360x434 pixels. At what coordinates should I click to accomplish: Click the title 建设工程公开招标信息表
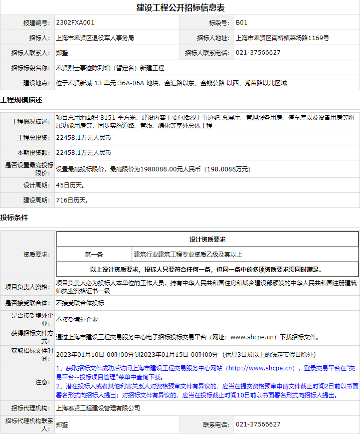(x=180, y=8)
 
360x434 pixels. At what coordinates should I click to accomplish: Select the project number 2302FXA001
(x=75, y=23)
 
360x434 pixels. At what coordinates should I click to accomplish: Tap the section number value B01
(x=241, y=23)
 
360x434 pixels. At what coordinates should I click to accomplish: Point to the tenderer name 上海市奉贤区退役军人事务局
(x=95, y=38)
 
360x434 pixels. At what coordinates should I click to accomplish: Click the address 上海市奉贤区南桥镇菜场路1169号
(x=282, y=38)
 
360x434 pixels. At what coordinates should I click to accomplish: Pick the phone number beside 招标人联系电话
(x=258, y=53)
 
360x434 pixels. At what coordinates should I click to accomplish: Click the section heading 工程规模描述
(x=21, y=99)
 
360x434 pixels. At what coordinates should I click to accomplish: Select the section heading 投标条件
(x=14, y=218)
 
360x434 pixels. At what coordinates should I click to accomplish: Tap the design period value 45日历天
(x=70, y=185)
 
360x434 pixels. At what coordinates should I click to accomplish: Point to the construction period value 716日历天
(x=72, y=200)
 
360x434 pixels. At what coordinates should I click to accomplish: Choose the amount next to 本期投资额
(x=84, y=153)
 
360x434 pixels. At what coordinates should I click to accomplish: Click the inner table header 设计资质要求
(x=208, y=240)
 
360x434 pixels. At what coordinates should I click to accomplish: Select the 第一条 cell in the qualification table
(x=94, y=255)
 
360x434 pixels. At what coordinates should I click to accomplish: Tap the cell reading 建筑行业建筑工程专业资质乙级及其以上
(x=188, y=255)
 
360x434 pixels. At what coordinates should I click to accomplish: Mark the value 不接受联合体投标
(x=80, y=303)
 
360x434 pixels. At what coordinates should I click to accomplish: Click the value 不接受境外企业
(x=77, y=319)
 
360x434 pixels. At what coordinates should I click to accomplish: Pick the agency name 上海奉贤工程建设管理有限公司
(x=98, y=408)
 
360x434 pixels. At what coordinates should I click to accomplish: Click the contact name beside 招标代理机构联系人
(x=62, y=424)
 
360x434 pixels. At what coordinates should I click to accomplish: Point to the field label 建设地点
(x=37, y=83)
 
